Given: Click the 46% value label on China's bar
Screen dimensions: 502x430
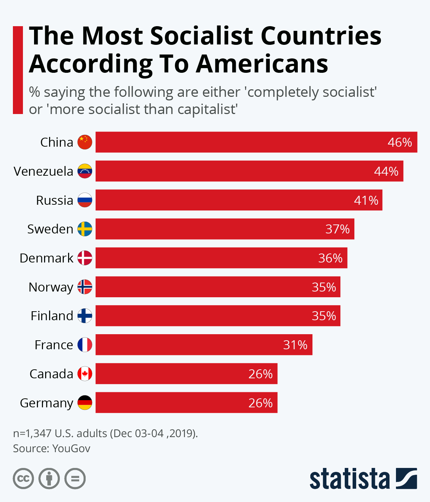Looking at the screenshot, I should (400, 142).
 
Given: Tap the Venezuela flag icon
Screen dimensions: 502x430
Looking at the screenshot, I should (85, 171).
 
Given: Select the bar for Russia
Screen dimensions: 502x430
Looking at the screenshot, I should (239, 200).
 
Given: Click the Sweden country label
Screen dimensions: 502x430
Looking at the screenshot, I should (50, 229).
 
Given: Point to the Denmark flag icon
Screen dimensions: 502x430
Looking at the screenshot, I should (85, 258).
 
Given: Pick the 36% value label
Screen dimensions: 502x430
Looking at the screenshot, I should (330, 258).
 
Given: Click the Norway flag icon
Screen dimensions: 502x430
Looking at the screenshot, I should (85, 287).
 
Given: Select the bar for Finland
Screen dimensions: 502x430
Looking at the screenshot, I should (218, 316).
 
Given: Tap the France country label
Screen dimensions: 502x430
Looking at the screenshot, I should (54, 345).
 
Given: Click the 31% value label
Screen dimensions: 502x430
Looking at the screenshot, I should (295, 345).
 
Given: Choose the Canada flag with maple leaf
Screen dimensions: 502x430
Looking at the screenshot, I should (85, 374).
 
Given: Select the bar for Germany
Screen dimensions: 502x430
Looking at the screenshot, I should (186, 403).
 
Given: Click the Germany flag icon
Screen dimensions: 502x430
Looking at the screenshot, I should (85, 403).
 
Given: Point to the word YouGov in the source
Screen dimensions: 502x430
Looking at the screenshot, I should (71, 449).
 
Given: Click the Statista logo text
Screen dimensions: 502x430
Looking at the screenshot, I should (349, 479).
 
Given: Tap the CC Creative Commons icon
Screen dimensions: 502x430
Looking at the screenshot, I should (23, 479).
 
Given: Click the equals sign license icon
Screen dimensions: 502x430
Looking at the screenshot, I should (75, 479).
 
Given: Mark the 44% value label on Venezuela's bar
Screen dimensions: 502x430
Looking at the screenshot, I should (386, 171).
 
